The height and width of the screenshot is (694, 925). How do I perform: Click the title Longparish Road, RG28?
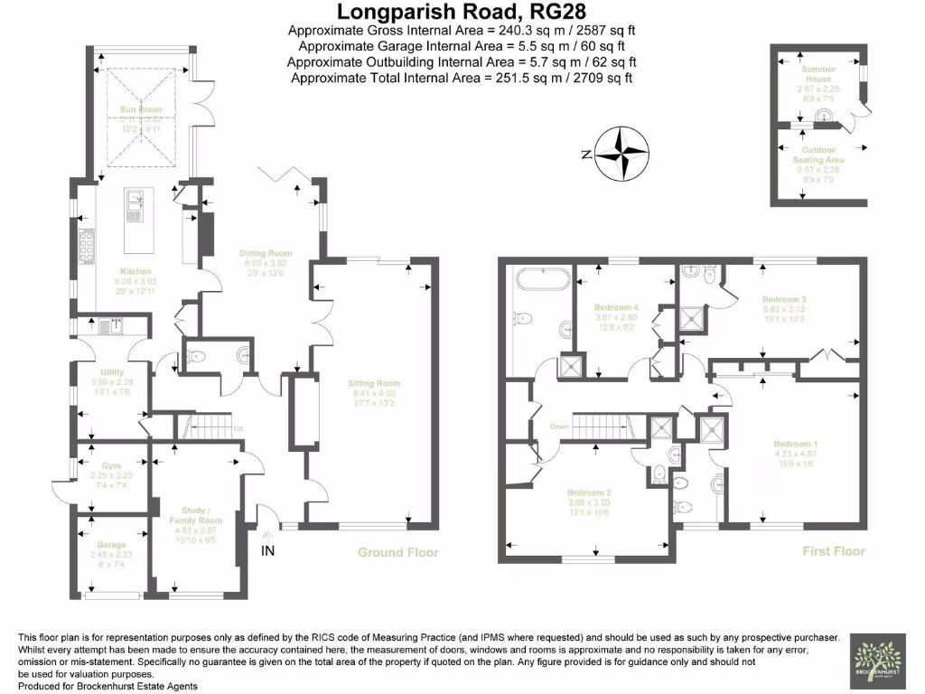click(x=462, y=12)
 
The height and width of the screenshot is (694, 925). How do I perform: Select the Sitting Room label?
click(x=373, y=383)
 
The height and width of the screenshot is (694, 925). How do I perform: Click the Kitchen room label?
click(x=135, y=271)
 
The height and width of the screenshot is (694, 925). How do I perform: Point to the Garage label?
click(x=111, y=546)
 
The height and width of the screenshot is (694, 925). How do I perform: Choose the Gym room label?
click(x=111, y=465)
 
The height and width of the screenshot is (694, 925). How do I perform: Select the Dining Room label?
click(x=266, y=254)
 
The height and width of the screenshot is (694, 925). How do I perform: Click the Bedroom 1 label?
click(x=796, y=444)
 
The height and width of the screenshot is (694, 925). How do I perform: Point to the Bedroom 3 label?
click(x=783, y=299)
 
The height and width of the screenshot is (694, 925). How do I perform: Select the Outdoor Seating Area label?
click(x=818, y=155)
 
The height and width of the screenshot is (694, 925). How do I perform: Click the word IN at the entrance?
click(x=268, y=550)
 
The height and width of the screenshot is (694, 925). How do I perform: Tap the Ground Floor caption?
click(x=398, y=552)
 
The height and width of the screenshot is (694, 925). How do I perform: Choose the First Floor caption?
click(x=834, y=550)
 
